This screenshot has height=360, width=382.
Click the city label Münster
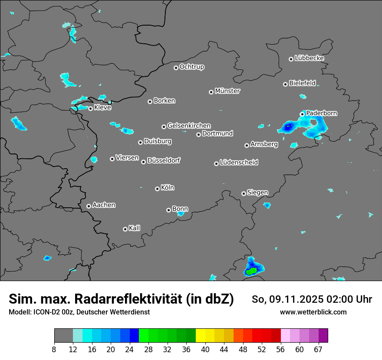tap(227, 91)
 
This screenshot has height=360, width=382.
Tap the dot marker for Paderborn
tap(302, 114)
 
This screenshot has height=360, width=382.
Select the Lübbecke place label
tap(309, 58)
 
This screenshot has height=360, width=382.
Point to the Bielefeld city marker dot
tap(285, 84)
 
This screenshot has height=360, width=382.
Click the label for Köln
tap(168, 188)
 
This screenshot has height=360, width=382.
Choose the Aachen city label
tap(104, 205)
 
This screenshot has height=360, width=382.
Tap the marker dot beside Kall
tap(125, 229)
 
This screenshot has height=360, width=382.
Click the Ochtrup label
tap(192, 67)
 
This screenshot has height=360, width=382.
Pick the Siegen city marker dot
tap(244, 193)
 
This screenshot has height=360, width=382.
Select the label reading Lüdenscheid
tap(239, 163)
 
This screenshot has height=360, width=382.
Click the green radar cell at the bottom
tap(251, 271)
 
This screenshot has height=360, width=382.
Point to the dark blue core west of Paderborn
tap(287, 127)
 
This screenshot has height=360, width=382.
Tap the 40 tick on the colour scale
tap(205, 349)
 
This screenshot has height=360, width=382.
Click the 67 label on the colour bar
tap(318, 349)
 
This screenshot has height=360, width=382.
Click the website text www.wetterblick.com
tap(313, 312)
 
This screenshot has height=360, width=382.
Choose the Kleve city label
tap(102, 108)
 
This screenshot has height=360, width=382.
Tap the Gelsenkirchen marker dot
tap(164, 127)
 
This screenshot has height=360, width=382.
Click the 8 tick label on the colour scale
tap(54, 349)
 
